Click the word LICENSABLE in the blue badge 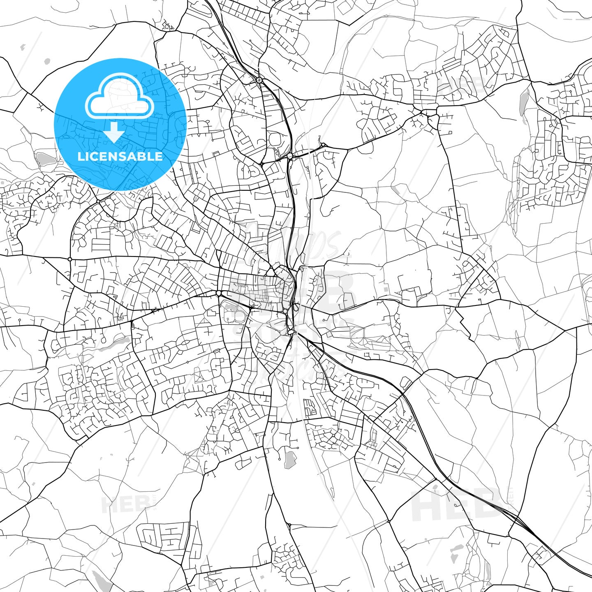point(120,156)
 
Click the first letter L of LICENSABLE point(80,156)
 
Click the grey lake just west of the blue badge point(43,158)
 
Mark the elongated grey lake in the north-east point(523,103)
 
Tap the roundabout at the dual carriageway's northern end point(259,80)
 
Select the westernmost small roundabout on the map point(70,259)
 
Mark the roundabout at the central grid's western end point(218,293)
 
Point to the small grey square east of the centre point(386,289)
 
